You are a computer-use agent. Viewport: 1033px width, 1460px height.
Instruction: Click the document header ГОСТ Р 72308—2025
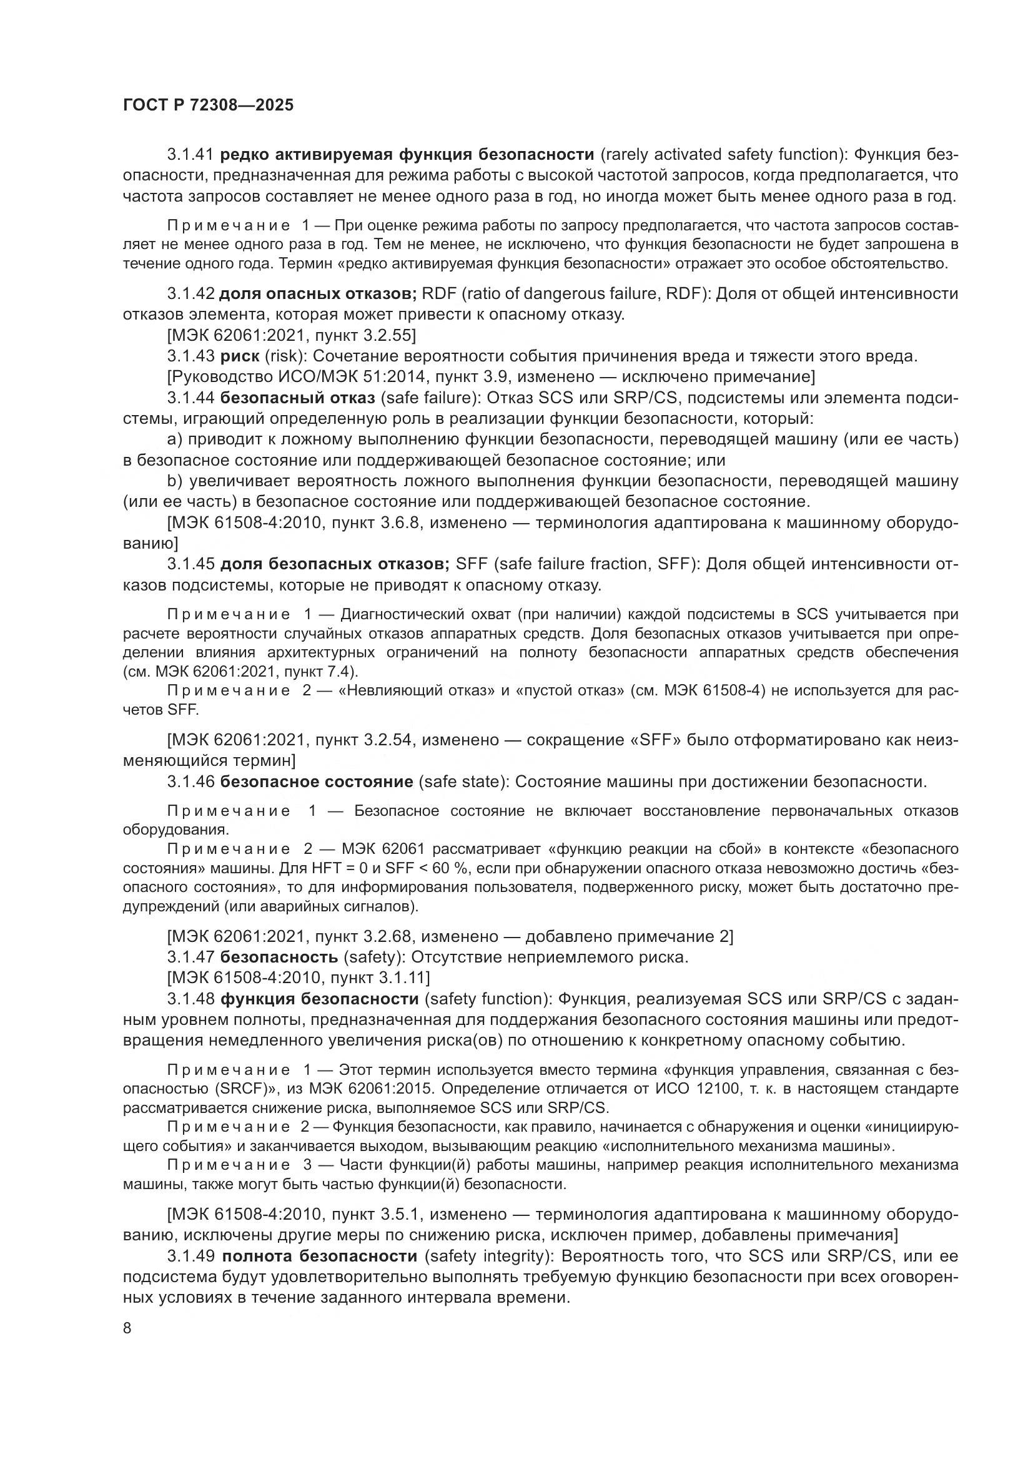pos(208,105)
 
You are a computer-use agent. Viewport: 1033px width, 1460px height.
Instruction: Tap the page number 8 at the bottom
pos(127,1328)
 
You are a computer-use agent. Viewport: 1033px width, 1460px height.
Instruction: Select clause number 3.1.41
pos(191,155)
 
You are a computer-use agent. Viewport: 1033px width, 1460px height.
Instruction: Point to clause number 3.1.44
pos(191,398)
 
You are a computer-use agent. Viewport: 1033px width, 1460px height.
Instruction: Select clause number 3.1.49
pos(191,1257)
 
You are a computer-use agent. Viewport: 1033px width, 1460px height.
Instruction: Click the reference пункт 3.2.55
pos(363,335)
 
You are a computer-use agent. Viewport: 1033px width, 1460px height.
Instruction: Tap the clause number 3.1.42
pos(191,294)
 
